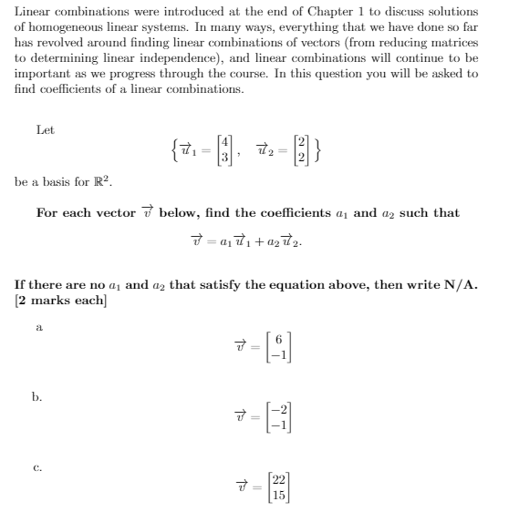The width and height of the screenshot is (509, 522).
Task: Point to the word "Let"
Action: click(x=46, y=130)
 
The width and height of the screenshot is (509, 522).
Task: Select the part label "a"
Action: click(x=38, y=325)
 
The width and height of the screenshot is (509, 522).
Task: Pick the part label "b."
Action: click(x=40, y=397)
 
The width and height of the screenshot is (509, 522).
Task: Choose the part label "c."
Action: click(x=39, y=470)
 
